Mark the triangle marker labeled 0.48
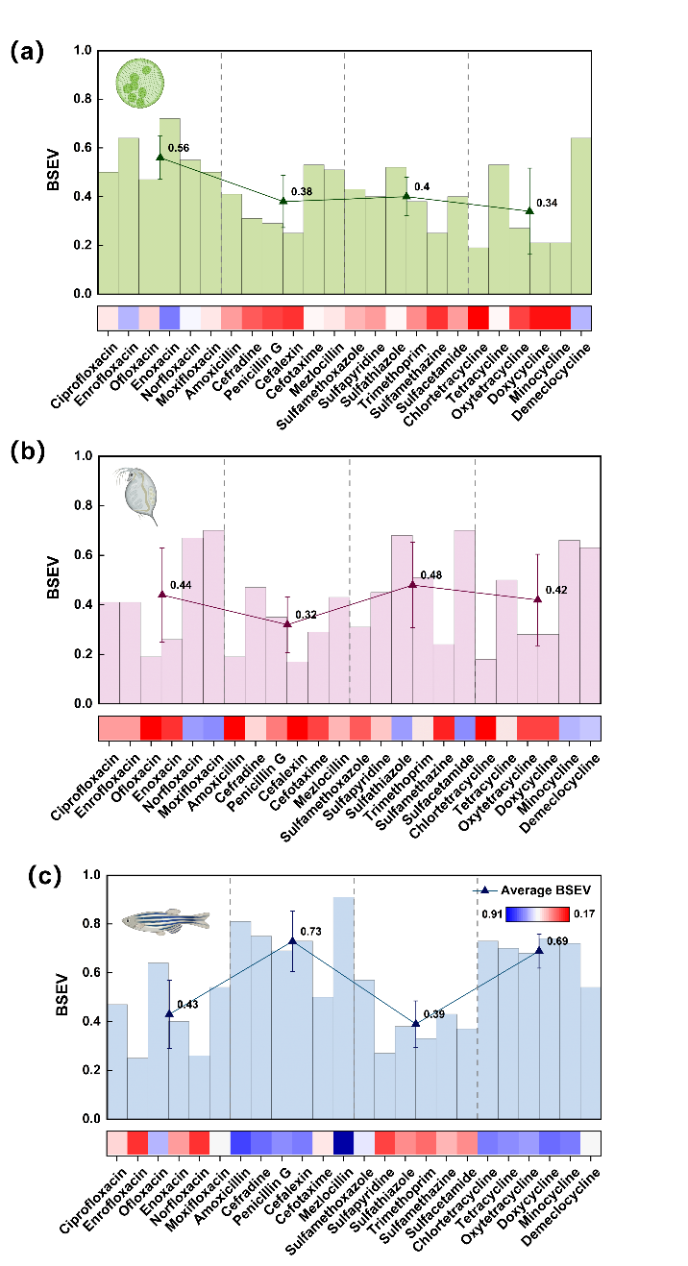(413, 584)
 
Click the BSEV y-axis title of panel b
(56, 578)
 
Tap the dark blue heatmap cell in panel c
(343, 1142)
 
